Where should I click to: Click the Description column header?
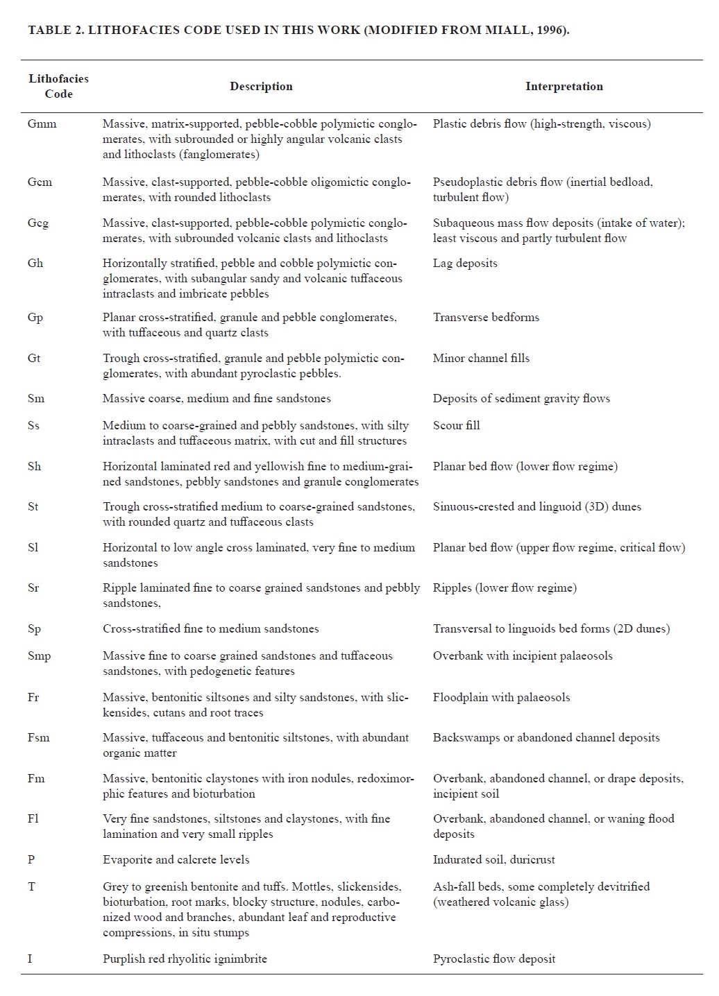(x=261, y=87)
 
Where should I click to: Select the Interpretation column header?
(x=564, y=87)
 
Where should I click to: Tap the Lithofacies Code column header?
(x=58, y=86)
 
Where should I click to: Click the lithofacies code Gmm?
(x=42, y=124)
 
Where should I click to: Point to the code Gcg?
(x=38, y=223)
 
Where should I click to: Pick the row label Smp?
(x=39, y=656)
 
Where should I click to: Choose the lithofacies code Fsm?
(x=38, y=738)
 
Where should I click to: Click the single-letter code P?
(x=31, y=860)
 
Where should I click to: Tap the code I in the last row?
(x=30, y=959)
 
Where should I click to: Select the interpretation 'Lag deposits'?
(x=465, y=264)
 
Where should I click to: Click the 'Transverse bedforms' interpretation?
(x=486, y=318)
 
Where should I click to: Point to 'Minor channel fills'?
(x=481, y=359)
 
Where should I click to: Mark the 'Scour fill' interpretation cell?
(x=456, y=426)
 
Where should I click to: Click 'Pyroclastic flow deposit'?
(x=494, y=959)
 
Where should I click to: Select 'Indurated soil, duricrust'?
(x=494, y=860)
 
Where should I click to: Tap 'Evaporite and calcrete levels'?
(x=176, y=860)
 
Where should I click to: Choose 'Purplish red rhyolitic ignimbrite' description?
(x=185, y=959)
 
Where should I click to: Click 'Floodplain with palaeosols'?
(x=501, y=698)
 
